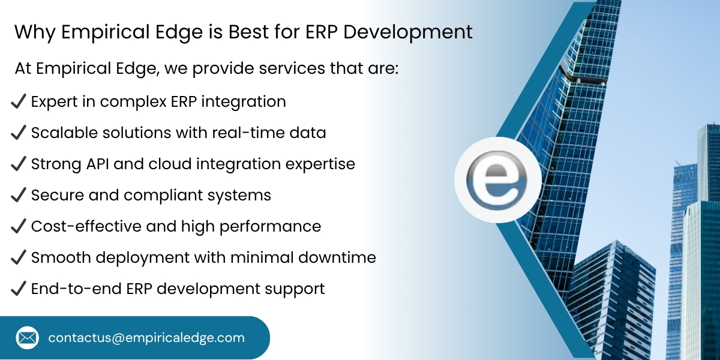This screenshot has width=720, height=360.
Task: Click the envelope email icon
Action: point(28,338)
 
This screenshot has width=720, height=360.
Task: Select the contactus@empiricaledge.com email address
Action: point(146,338)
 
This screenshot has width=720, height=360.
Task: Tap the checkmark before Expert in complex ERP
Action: point(18,102)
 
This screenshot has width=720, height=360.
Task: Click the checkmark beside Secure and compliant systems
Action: point(18,196)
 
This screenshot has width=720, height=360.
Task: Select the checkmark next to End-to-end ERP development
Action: point(18,289)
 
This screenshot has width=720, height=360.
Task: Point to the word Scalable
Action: point(61,133)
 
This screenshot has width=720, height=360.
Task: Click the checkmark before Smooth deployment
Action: point(18,258)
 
